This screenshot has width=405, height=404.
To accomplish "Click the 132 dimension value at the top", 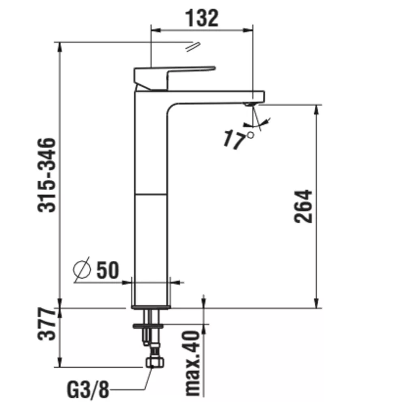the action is pos(202,18).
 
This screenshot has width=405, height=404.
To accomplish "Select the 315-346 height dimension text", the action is pos(47,175).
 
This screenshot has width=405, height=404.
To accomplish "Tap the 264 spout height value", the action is pos(303,206).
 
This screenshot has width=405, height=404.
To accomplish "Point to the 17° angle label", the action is pos(238,139).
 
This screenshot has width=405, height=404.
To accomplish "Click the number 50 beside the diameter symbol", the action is pos(108,270).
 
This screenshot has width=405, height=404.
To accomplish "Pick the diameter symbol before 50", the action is pos(82,270).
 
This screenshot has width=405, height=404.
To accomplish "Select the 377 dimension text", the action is pos(47,323).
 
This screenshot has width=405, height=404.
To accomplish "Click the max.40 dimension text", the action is pos(193,364).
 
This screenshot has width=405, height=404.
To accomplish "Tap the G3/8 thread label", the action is pos(88,390).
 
